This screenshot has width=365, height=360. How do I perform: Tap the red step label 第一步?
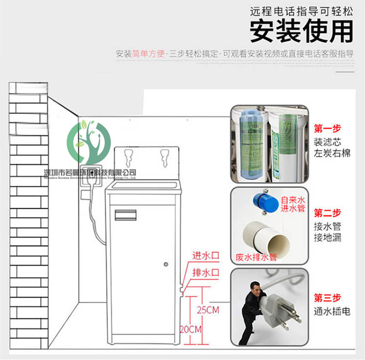coord(328,129)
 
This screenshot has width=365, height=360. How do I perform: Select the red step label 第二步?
coord(328,213)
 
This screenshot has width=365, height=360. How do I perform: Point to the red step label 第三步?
coord(328,298)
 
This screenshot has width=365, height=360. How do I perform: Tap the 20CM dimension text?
coord(191,329)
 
